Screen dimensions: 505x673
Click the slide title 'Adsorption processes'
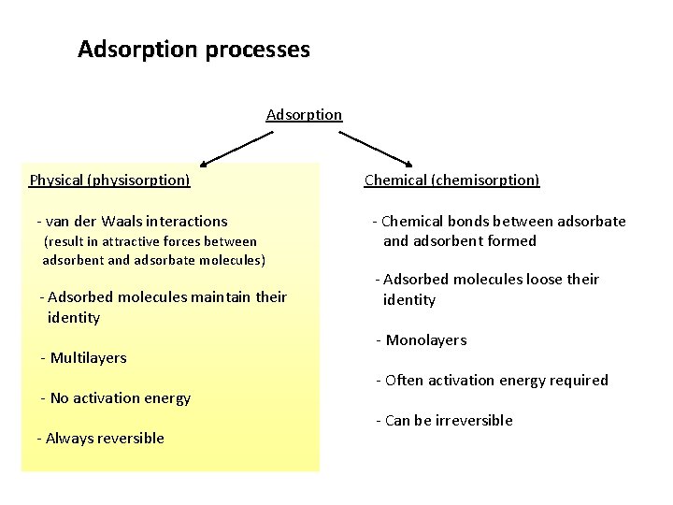193,50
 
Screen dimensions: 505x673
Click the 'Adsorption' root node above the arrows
304,115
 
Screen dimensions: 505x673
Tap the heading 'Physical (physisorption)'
109,180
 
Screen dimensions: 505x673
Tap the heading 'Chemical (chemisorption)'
451,180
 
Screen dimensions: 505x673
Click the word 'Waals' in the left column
121,222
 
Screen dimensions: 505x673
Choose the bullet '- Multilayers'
83,358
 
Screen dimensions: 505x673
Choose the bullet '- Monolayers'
421,340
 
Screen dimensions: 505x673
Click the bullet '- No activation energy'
115,398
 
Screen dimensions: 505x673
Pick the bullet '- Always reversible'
100,439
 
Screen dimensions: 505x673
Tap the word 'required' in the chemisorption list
580,381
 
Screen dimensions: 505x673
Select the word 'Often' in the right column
404,381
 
